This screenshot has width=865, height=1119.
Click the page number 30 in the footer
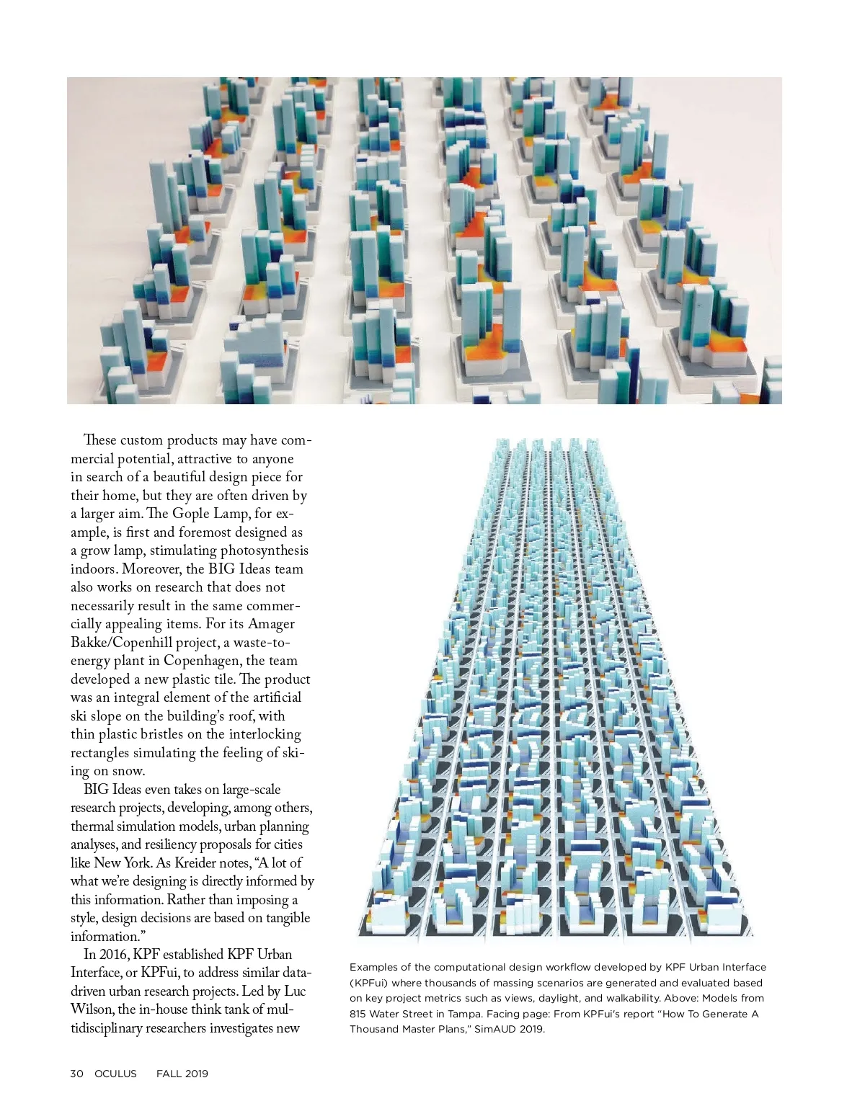point(76,1074)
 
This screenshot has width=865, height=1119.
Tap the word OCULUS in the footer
point(115,1074)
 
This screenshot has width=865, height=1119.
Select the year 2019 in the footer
point(197,1074)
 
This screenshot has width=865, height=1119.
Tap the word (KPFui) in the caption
point(370,983)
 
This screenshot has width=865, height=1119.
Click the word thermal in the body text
point(93,826)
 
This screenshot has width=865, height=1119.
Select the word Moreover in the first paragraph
point(151,569)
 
